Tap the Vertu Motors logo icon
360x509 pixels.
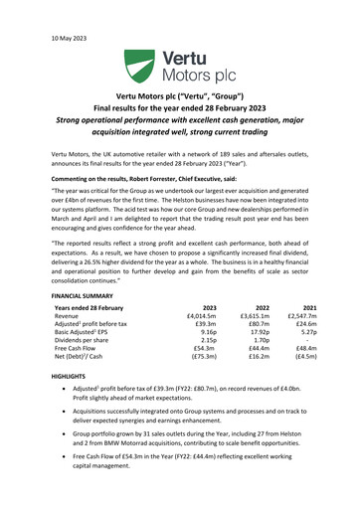(135, 69)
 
